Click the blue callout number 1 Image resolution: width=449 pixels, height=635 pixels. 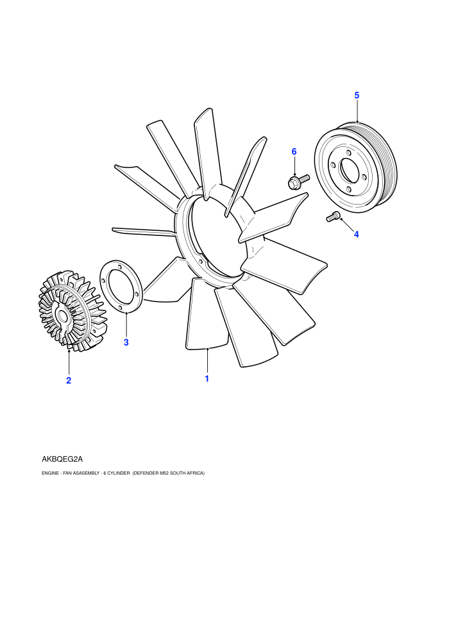[x=207, y=378]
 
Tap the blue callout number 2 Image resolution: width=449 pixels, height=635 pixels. [x=69, y=380]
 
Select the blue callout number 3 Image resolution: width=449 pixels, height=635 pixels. [x=126, y=343]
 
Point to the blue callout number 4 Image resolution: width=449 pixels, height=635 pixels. [x=356, y=234]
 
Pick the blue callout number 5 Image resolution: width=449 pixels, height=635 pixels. [x=357, y=95]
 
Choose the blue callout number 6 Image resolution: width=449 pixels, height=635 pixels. [x=294, y=151]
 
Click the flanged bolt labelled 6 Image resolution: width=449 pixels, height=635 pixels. [x=298, y=181]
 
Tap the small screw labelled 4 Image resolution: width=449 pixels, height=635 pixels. [x=333, y=217]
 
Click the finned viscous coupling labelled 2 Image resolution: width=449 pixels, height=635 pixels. [x=72, y=311]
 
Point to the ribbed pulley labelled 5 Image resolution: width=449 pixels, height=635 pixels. [x=356, y=167]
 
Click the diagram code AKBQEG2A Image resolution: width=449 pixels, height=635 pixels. [x=62, y=459]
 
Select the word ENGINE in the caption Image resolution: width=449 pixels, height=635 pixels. [x=50, y=473]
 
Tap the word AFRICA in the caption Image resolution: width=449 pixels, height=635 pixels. [x=196, y=473]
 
